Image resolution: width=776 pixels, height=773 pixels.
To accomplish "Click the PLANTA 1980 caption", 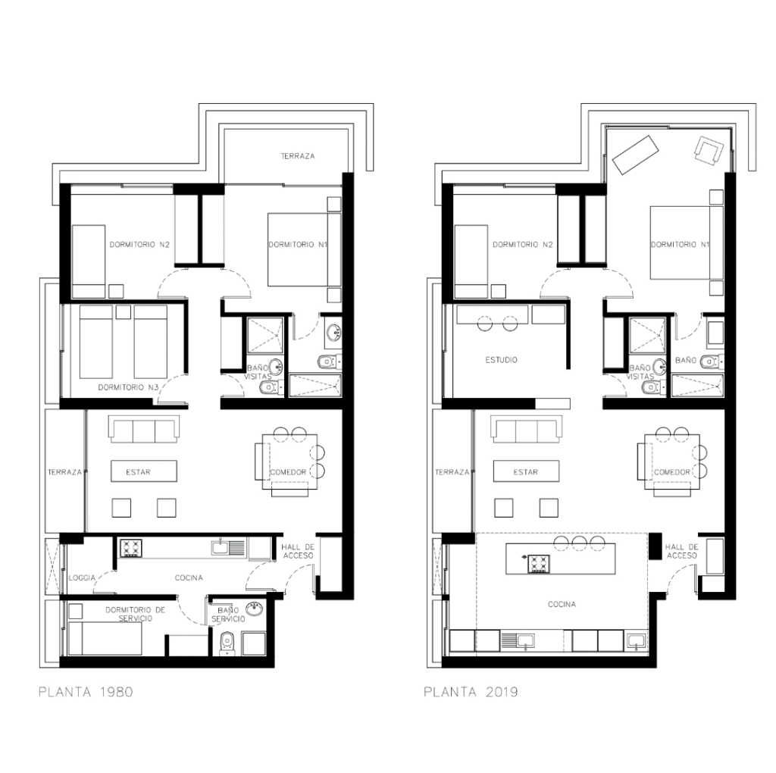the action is coord(86,691).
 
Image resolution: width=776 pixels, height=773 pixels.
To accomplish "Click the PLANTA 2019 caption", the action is coord(471,691).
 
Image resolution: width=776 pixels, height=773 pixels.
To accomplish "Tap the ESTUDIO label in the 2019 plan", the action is coord(501,360).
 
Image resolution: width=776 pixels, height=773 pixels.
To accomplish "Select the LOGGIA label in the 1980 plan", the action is coord(82,577).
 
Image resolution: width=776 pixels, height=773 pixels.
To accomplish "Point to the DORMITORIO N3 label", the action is coord(127,387).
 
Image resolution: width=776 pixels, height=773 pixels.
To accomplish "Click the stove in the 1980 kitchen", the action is coord(130,549).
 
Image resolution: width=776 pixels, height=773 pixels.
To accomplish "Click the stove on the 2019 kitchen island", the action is coord(539,564).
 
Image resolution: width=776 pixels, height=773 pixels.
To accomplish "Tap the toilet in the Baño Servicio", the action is coord(227,643).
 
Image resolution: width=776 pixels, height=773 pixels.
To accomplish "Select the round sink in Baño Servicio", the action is coord(255,609).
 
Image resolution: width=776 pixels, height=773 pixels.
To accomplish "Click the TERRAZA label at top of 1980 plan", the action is coord(297,156).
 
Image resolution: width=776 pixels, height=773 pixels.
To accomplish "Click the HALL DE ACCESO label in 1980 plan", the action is coord(298,551).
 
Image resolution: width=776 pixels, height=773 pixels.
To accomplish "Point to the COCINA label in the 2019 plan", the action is coord(562,604).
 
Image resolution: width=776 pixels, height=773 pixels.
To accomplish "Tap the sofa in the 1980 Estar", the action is coord(144,429).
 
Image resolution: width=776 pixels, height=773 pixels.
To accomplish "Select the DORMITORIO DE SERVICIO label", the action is coord(135,614).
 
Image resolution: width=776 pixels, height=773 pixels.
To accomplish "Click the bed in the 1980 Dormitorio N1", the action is coord(304,250).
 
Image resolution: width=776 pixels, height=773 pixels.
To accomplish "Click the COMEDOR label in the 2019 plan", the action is coord(671,472).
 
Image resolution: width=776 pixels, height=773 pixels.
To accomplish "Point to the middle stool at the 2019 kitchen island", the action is coord(580,543).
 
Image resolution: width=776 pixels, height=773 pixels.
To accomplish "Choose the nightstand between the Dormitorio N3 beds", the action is coord(124,312).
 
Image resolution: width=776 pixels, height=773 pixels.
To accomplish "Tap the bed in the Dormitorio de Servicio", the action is coord(105,638).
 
